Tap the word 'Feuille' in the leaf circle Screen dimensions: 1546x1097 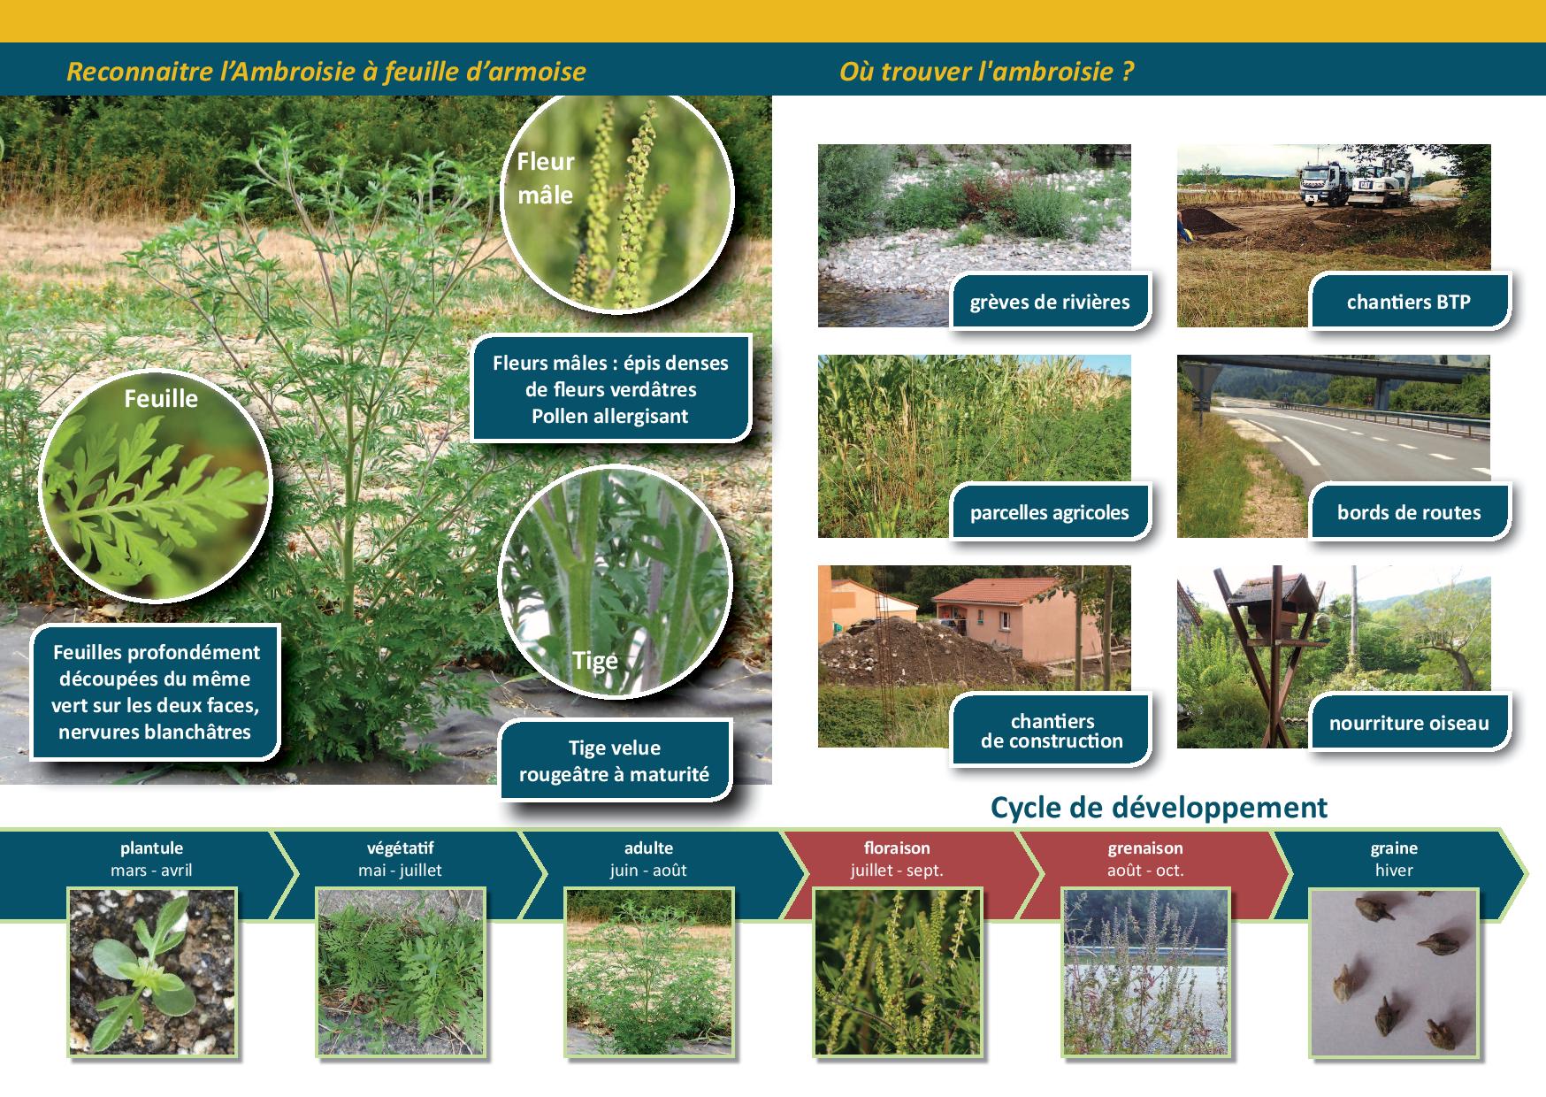[x=161, y=399]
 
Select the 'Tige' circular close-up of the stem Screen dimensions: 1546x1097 [x=616, y=584]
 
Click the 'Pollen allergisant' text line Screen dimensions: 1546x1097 [x=610, y=417]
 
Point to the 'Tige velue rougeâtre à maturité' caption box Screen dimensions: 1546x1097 [x=615, y=761]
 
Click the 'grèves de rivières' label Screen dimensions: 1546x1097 [x=1050, y=302]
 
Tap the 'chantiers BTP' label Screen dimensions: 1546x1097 [x=1409, y=302]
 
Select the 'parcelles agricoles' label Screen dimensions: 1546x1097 [x=1050, y=512]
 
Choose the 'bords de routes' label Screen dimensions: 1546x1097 [x=1409, y=512]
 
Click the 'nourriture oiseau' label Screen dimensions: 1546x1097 [x=1409, y=723]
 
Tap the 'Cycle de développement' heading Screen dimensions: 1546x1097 [x=1159, y=808]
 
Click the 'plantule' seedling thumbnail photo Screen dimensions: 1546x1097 [x=153, y=972]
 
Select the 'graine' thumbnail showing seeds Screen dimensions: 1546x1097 [x=1394, y=972]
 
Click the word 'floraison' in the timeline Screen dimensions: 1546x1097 [x=897, y=848]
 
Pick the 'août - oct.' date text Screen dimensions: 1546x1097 [x=1145, y=871]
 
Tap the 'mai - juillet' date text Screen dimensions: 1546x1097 [x=400, y=871]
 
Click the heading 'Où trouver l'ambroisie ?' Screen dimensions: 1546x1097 [x=986, y=71]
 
